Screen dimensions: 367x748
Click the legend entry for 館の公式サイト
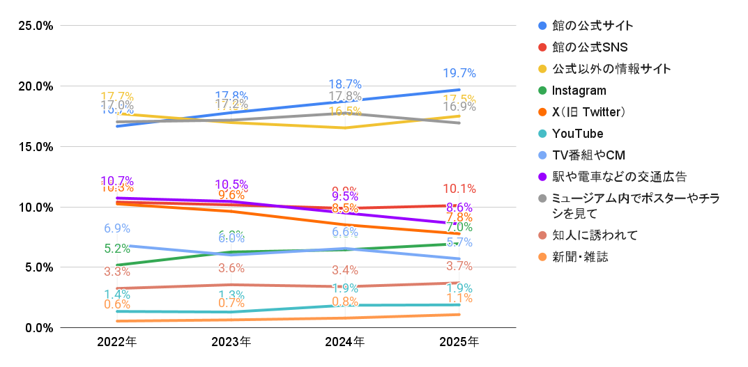tap(593, 26)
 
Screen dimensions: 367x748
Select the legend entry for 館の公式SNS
tap(590, 47)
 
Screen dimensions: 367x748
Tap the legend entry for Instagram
tap(579, 91)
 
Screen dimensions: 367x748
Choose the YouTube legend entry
tap(577, 134)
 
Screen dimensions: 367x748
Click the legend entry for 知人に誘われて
tap(595, 235)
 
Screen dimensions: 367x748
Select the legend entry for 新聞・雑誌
tap(580, 257)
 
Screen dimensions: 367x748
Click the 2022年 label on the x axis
tap(117, 342)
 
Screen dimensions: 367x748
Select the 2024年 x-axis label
tap(345, 342)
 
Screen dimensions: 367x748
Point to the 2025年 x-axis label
tap(459, 342)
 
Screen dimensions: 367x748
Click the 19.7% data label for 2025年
tap(459, 73)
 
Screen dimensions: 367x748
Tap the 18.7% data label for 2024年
tap(344, 85)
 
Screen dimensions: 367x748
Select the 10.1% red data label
tap(459, 189)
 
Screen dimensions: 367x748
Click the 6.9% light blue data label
tap(117, 228)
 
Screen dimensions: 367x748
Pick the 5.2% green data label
tap(117, 249)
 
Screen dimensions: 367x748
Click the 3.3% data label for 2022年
tap(117, 272)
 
